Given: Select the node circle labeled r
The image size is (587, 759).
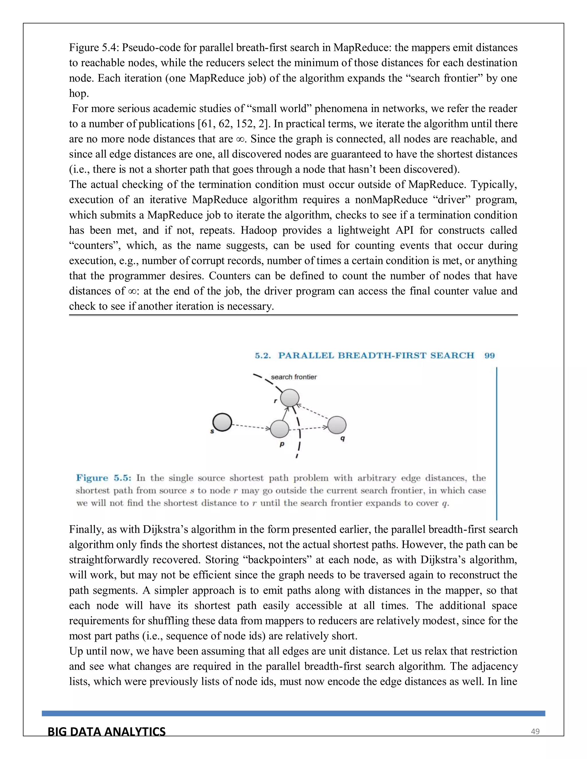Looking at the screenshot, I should pos(290,398).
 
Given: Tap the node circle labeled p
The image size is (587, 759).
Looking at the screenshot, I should pos(279,429).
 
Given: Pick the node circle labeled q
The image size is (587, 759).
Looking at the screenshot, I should pos(336,425).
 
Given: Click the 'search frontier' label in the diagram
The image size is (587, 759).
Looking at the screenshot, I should pos(293,377).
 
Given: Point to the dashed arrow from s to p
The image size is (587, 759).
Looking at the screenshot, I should pos(251,426).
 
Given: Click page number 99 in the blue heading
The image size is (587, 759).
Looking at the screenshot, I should pos(489,355).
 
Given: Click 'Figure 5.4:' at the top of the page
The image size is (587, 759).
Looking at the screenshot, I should pos(94,48).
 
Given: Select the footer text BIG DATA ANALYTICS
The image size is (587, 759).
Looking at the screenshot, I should pos(106,732).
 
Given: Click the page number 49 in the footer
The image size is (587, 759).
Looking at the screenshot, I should pos(535,732).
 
